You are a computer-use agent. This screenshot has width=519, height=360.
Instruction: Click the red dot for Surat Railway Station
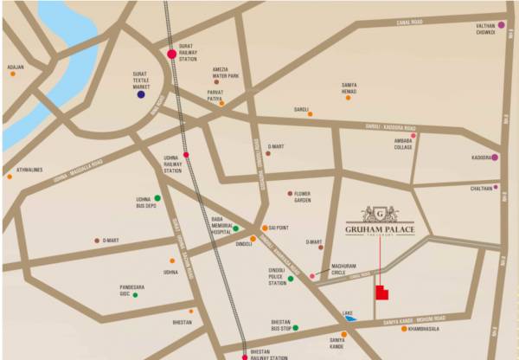point(172,55)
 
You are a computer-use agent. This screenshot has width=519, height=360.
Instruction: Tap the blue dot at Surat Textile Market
point(141,93)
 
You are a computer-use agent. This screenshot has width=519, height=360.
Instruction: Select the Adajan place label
point(15,67)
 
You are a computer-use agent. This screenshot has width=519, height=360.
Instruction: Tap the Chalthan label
point(481,187)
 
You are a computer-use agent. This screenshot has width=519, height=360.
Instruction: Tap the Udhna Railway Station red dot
point(186,155)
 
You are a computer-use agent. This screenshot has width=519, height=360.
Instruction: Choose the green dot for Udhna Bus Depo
point(157,198)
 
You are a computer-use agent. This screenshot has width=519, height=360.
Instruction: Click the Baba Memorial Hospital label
point(218,227)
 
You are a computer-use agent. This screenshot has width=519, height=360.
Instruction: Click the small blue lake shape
point(349,318)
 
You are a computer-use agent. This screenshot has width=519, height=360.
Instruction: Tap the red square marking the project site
point(381,294)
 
